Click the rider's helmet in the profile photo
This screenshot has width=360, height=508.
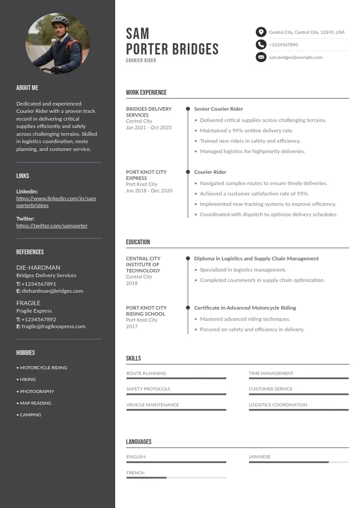point(59,20)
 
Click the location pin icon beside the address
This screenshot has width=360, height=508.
point(261,32)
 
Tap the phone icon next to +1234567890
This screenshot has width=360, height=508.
point(261,44)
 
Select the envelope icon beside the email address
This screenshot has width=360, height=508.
point(261,57)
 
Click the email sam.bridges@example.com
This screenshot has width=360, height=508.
point(296,58)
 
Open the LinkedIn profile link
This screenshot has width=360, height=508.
point(56,202)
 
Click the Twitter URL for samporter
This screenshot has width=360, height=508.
point(52,225)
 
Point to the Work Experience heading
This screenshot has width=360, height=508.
point(146,93)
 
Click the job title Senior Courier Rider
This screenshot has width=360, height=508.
point(219,109)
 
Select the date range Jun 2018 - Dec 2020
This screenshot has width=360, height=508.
point(149,190)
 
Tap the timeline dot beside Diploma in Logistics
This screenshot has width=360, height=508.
point(188,259)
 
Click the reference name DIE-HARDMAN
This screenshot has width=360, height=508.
point(38,268)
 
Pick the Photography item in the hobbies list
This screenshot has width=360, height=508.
point(37,391)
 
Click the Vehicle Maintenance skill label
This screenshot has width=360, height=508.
point(153,405)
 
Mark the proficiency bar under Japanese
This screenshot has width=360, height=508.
point(298,462)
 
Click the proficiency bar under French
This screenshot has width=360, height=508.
point(176,478)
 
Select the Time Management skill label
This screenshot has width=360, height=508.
point(271,373)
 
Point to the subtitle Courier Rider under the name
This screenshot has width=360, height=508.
point(141,60)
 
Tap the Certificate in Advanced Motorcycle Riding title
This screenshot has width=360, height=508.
point(245,308)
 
